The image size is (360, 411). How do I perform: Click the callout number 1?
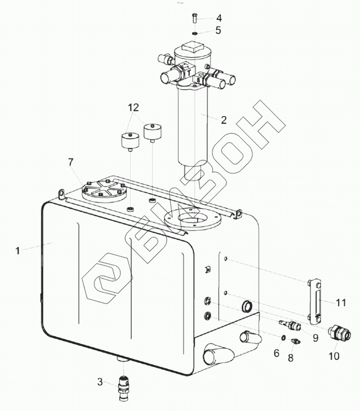click(18, 251)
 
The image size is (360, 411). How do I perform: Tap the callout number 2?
click(224, 119)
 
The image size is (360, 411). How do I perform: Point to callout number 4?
click(219, 18)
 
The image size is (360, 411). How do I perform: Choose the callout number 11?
click(341, 303)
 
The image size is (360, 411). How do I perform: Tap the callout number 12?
click(134, 107)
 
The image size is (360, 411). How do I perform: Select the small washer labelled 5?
click(195, 33)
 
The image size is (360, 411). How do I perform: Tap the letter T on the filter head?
click(188, 72)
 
